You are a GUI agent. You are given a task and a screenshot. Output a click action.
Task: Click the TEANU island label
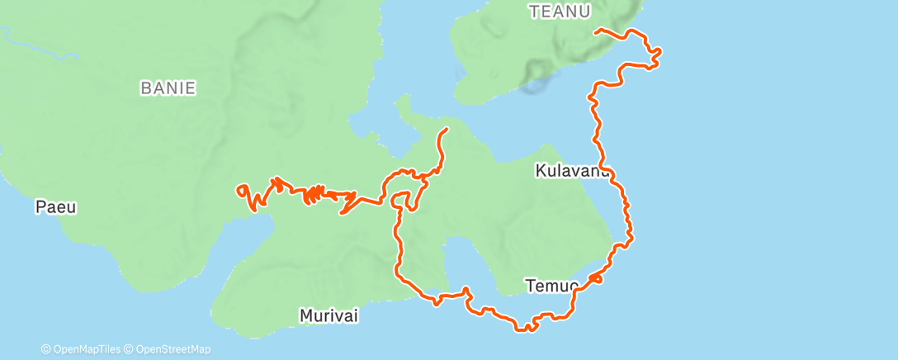(x=560, y=12)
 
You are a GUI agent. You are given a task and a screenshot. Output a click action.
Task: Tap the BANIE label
(x=168, y=88)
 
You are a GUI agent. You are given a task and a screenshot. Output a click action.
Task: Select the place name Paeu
(x=55, y=207)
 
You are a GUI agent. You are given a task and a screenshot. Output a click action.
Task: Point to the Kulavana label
(x=572, y=171)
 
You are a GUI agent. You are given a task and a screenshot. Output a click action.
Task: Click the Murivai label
(x=328, y=316)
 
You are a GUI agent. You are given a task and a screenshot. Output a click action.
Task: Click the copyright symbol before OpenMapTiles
(x=45, y=349)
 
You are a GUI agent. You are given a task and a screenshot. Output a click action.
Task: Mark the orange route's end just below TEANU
(x=597, y=31)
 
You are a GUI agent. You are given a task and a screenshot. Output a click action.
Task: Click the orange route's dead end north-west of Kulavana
(x=446, y=130)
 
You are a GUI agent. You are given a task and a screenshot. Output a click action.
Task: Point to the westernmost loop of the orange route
(x=242, y=191)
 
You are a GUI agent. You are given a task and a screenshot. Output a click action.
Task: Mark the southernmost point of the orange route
(x=524, y=329)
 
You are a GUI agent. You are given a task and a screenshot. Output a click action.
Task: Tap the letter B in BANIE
(x=145, y=88)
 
